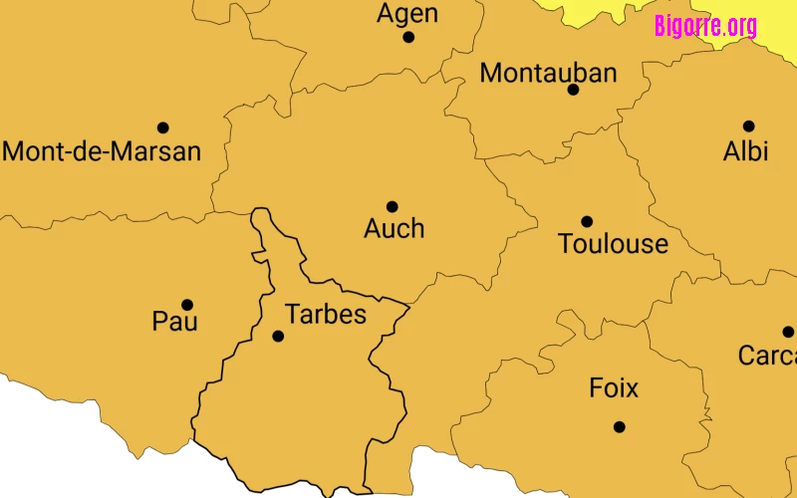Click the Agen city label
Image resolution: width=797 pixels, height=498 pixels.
coord(407,14)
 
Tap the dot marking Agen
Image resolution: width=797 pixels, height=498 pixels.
coord(408,37)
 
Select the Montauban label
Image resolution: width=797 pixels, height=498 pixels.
coord(548,73)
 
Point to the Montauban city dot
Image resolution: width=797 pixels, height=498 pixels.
coord(573,90)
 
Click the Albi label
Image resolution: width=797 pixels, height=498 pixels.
coord(745,151)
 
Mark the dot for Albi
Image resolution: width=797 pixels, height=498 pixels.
coord(748,126)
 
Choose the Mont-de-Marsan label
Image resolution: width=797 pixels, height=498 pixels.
coord(103,151)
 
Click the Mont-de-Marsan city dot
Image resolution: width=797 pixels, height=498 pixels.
coord(163,127)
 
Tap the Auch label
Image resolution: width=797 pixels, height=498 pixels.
coord(395,229)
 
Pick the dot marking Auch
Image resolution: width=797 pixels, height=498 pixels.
coord(393,207)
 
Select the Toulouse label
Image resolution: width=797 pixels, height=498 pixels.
coord(614,244)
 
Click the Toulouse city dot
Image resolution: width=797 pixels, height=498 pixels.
coord(587,221)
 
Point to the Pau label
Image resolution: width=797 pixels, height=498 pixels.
coord(175,322)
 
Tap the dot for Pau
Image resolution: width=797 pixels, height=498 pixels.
coord(187,305)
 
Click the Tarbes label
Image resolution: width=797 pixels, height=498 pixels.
coord(326,315)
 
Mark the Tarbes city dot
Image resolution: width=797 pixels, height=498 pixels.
coord(278,337)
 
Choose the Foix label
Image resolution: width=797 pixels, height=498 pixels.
coord(614,387)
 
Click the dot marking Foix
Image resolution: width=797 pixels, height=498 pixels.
coord(620,427)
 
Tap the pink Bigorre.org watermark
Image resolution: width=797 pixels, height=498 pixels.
coord(705,26)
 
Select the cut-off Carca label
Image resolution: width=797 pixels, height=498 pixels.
coord(767,355)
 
